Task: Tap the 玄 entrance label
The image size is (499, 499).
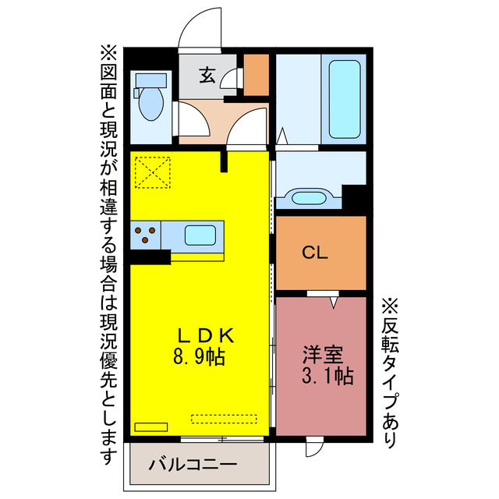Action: point(207,76)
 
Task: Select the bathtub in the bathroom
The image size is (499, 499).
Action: point(344,98)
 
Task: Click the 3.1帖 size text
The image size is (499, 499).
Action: point(325,377)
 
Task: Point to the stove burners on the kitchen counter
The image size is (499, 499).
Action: point(145,235)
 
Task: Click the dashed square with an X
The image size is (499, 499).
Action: point(152,172)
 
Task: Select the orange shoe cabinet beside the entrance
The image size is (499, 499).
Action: point(257,73)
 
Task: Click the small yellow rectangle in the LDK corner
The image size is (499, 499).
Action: point(150,426)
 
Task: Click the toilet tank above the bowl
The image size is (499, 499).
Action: point(152,80)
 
